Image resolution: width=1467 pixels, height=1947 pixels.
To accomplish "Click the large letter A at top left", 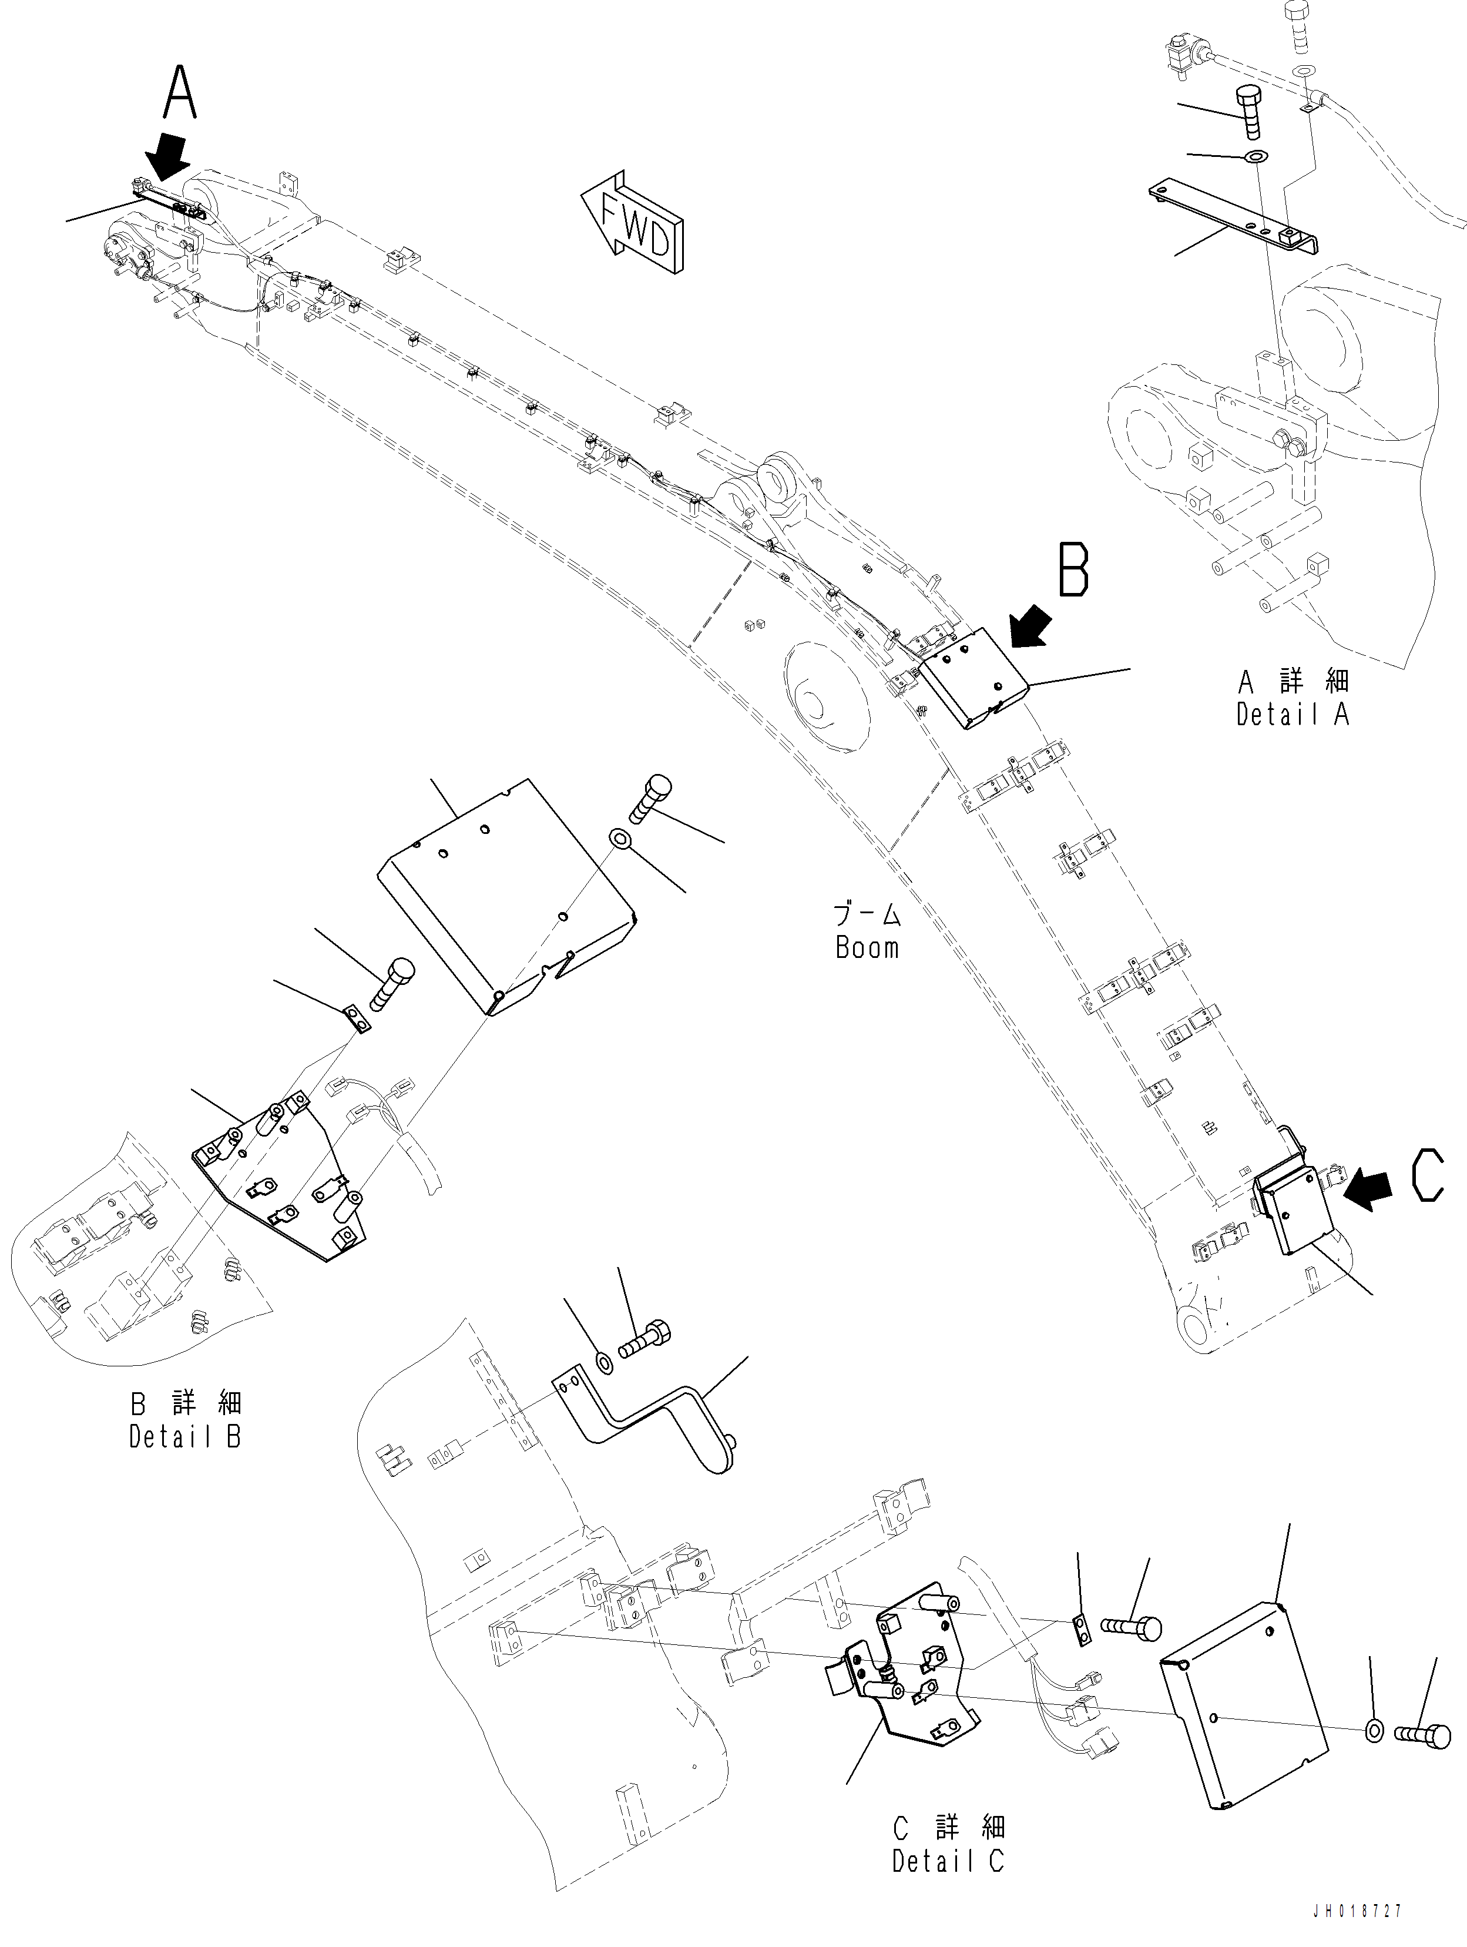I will [x=180, y=94].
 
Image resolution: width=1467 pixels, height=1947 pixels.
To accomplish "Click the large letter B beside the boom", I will [x=1073, y=571].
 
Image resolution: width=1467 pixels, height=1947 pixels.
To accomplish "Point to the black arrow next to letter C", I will [x=1369, y=1188].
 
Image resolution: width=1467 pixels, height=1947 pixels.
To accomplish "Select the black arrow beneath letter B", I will [x=1030, y=626].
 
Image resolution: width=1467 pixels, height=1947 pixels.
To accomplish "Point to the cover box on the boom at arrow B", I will [x=971, y=678].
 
